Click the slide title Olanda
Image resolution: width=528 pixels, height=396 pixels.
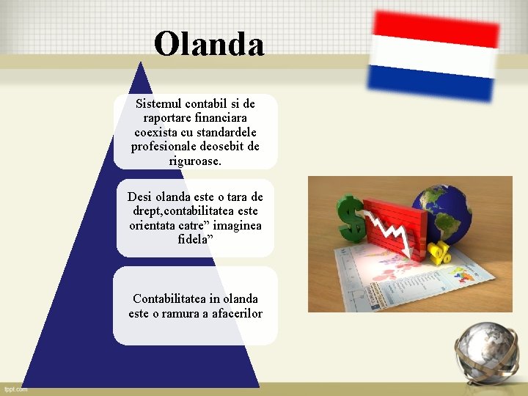(209, 44)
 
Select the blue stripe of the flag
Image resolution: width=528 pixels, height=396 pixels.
(431, 82)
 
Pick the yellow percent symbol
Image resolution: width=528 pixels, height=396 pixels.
(439, 253)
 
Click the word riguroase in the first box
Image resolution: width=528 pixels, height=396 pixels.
(195, 161)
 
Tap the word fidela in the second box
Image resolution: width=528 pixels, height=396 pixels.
(192, 239)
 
